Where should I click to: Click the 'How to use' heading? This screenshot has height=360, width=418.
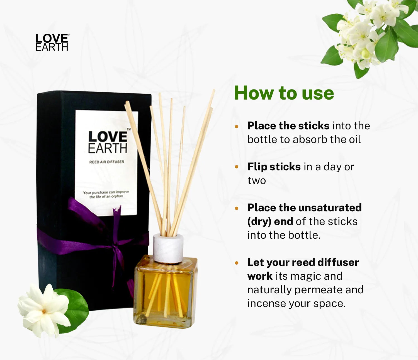pyautogui.click(x=284, y=93)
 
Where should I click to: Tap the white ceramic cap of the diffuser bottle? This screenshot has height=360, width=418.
pyautogui.click(x=168, y=248)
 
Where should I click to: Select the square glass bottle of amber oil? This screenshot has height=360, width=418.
pyautogui.click(x=165, y=291)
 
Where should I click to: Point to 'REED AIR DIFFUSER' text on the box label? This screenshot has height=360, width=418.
pyautogui.click(x=106, y=162)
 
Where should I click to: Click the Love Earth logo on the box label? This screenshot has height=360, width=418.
pyautogui.click(x=108, y=142)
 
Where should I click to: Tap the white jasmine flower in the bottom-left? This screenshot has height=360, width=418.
pyautogui.click(x=44, y=311)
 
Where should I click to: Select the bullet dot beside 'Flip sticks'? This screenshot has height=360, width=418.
pyautogui.click(x=237, y=167)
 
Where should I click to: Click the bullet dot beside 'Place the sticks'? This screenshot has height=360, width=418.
pyautogui.click(x=237, y=127)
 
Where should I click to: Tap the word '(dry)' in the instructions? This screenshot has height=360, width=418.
pyautogui.click(x=259, y=222)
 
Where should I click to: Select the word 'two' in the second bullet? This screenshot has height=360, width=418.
pyautogui.click(x=257, y=180)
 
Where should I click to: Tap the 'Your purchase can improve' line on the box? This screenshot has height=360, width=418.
pyautogui.click(x=106, y=192)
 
